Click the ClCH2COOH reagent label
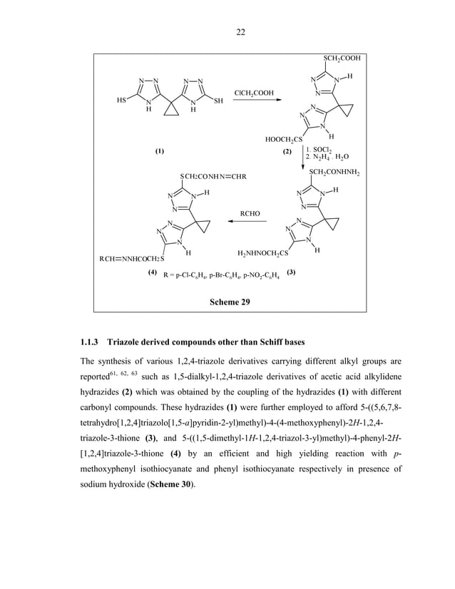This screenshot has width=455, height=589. tap(254, 93)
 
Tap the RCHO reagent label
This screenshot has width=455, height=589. tap(250, 212)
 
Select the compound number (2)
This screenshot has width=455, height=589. tap(287, 151)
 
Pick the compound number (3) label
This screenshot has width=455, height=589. tap(290, 272)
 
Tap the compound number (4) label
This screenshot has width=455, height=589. tap(152, 272)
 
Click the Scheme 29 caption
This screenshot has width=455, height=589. tap(230, 302)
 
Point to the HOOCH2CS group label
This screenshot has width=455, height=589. tap(284, 139)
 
